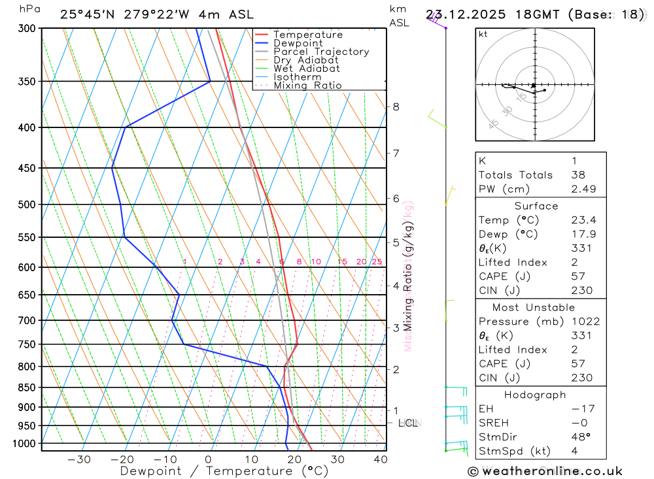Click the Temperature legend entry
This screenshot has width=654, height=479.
coord(307,35)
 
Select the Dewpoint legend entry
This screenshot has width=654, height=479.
coord(298,43)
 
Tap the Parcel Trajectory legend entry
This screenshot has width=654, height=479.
coord(321,52)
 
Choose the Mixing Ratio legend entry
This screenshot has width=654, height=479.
coord(307,86)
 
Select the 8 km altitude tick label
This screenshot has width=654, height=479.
coord(396,107)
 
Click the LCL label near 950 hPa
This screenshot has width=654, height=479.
coord(407,423)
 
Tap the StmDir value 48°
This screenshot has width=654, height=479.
coord(579,437)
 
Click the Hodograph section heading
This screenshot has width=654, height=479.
coord(535,395)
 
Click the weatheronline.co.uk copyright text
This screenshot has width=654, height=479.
coord(545,471)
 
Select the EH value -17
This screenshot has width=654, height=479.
coord(579,409)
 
